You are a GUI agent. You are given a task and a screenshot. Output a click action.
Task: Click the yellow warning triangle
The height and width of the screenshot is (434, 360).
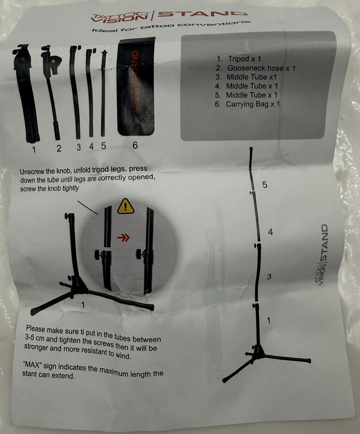[126, 206]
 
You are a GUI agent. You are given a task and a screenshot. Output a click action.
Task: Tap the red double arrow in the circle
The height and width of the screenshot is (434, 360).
[123, 238]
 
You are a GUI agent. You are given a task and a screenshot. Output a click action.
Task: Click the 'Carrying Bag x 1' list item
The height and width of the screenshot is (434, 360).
[247, 104]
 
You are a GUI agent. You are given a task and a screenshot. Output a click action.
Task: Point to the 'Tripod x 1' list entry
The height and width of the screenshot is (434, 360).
[238, 59]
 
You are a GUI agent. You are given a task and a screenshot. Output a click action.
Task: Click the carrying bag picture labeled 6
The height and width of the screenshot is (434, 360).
[136, 86]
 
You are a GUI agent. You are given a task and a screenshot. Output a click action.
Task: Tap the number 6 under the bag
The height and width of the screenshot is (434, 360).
[135, 145]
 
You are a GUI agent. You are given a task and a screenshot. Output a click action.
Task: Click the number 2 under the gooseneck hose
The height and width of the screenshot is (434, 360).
[59, 148]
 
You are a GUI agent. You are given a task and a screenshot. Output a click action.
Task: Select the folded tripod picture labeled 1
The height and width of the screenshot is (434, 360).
[26, 93]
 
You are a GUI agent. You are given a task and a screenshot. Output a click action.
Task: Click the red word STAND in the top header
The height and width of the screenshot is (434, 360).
[201, 14]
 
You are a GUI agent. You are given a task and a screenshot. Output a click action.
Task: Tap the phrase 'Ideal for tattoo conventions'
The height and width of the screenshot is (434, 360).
[171, 26]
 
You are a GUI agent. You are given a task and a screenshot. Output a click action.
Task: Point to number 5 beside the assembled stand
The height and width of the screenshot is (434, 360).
[265, 184]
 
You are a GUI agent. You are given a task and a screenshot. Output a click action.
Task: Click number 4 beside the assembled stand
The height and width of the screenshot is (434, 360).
[270, 232]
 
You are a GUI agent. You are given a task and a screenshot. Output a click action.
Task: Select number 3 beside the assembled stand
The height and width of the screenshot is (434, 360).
[269, 276]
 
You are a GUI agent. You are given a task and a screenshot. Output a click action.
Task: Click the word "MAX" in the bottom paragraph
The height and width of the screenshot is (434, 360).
[33, 364]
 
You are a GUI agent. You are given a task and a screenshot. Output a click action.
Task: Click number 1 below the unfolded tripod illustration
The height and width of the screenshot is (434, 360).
[83, 305]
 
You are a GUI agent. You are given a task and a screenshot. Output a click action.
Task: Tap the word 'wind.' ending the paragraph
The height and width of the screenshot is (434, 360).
[123, 355]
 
